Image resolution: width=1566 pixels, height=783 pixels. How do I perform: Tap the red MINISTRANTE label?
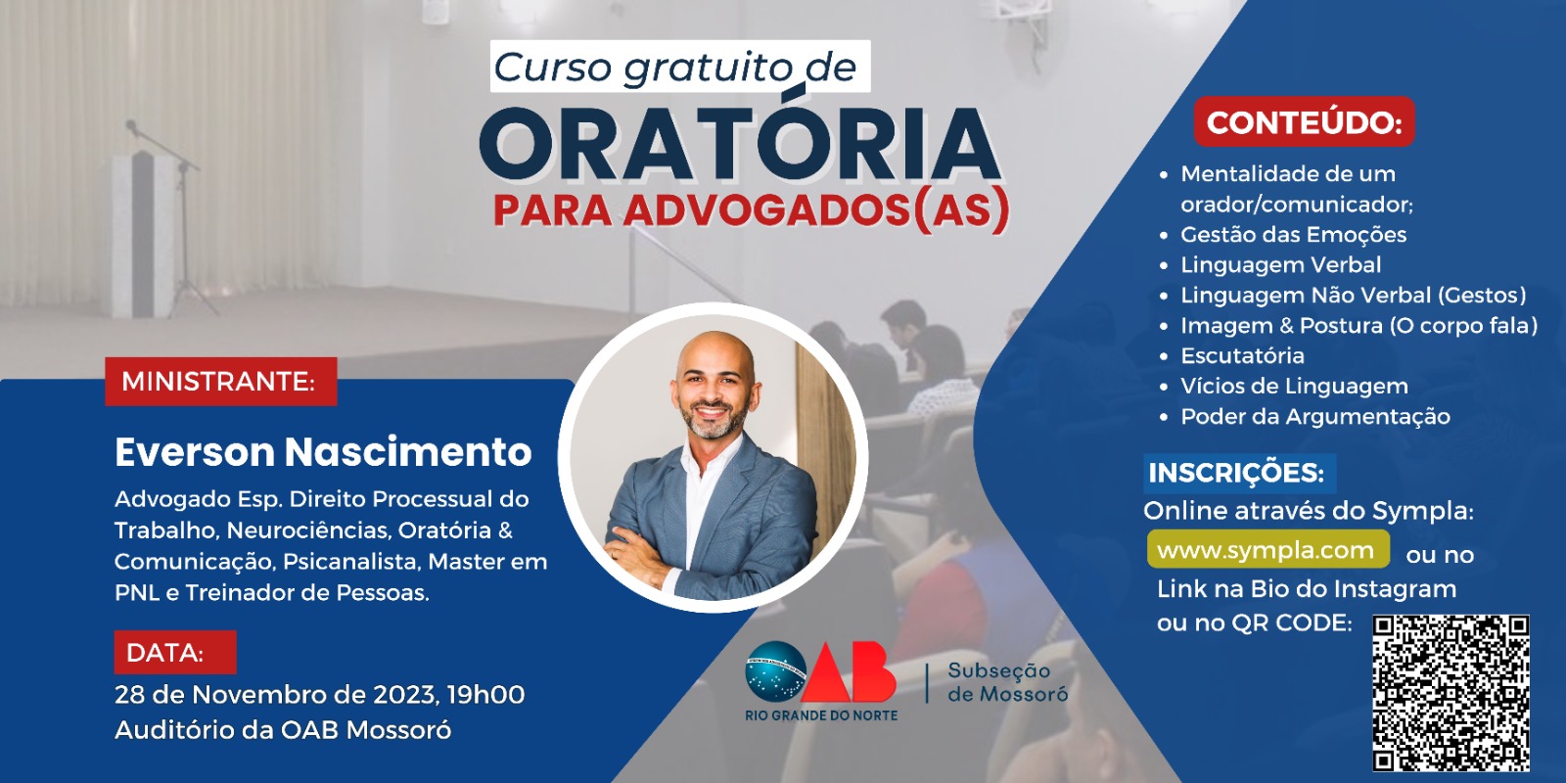221,382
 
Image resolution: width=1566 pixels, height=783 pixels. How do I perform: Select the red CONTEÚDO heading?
1305,122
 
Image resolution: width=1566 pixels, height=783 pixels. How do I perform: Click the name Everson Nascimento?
323,451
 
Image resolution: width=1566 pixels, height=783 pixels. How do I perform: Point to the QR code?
1451,693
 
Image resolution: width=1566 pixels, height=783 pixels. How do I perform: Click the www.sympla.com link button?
1268,549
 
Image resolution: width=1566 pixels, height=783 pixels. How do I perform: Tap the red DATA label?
175,652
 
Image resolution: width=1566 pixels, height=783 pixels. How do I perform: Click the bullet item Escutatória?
1242,356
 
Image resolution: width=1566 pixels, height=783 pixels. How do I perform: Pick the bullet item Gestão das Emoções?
1293,235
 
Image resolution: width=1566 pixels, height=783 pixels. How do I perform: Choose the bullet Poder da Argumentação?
1315,417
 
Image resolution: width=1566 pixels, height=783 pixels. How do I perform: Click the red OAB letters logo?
848,671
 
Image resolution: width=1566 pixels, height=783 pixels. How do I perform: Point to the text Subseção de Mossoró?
1007,681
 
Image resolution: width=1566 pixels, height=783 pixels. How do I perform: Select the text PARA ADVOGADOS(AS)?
752,209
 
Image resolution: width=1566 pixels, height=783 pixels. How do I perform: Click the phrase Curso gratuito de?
674,68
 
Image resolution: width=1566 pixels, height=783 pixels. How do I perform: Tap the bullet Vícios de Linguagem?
1294,386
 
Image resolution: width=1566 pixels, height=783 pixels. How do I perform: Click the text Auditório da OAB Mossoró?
283,730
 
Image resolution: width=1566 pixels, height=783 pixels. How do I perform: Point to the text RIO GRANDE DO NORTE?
821,715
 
